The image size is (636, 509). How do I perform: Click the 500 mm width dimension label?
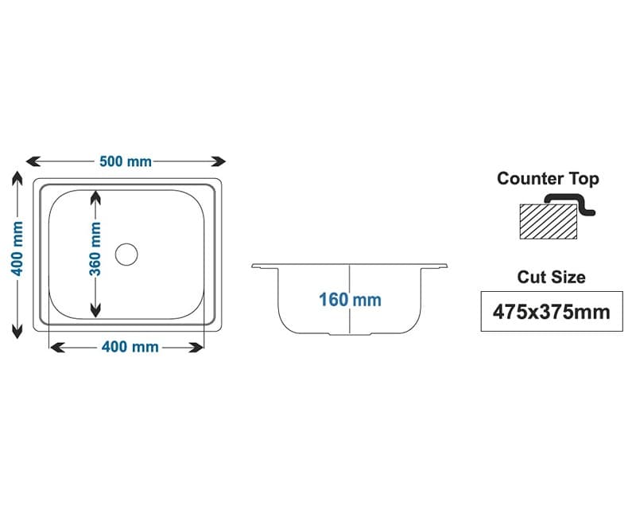click(x=126, y=161)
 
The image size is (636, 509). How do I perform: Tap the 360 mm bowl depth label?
click(x=95, y=248)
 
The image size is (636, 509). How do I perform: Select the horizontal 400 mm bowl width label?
click(x=129, y=348)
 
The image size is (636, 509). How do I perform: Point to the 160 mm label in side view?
click(x=350, y=300)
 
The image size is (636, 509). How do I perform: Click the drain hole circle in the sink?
click(x=126, y=254)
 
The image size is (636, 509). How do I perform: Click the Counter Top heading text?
click(x=548, y=178)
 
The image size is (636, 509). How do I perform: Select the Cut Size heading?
click(x=551, y=277)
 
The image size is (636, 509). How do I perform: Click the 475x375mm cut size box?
click(x=551, y=312)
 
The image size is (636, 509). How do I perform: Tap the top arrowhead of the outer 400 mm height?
click(x=17, y=177)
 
